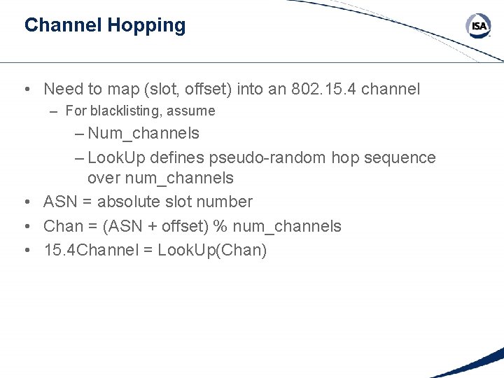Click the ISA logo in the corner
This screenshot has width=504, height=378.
point(479,27)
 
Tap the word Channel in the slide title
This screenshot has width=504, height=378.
point(63,26)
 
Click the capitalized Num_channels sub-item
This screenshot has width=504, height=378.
point(143,133)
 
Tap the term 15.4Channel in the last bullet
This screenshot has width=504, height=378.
point(93,250)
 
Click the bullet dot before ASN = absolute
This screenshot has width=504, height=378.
point(26,202)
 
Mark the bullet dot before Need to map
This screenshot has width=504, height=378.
point(26,90)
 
